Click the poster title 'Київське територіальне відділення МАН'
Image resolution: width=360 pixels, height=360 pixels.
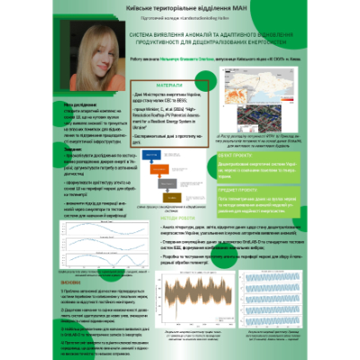180,8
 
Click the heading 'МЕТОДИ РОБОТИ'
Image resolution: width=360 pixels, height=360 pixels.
168,216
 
